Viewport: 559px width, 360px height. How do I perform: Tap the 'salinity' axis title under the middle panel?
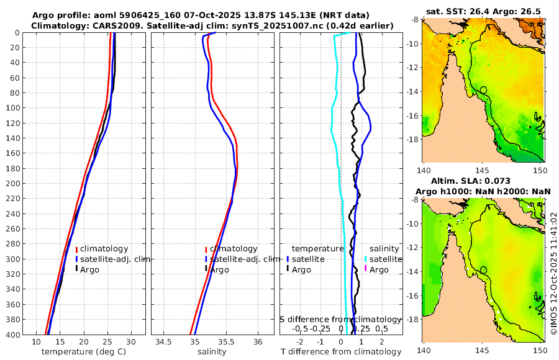coord(212,352)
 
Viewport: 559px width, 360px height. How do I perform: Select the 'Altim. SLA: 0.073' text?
coord(482,180)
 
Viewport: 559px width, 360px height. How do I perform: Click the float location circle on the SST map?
coord(483,90)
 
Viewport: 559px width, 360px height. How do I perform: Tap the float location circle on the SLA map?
coord(483,270)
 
